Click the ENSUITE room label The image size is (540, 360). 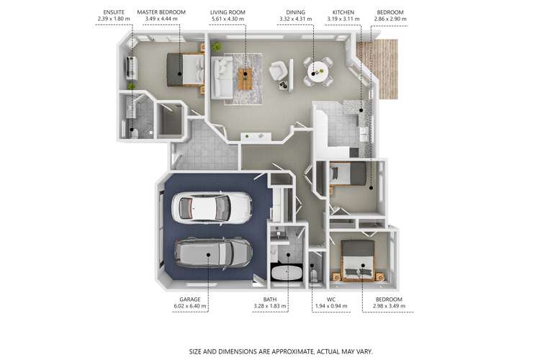[114, 12]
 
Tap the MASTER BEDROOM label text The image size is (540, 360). [161, 12]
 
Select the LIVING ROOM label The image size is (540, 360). [228, 12]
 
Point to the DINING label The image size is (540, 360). [295, 12]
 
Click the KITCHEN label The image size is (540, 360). [343, 12]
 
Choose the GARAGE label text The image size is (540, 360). [190, 300]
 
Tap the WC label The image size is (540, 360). [331, 300]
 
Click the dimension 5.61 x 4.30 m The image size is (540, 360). [228, 19]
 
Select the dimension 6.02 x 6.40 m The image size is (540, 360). [190, 306]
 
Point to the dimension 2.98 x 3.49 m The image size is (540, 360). [389, 306]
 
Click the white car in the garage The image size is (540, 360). [212, 207]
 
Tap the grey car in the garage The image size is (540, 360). [214, 253]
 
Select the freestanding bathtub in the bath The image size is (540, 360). [287, 274]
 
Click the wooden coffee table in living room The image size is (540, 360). [246, 79]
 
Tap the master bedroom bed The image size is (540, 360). [185, 70]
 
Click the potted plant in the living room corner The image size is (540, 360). [216, 46]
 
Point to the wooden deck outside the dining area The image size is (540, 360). [381, 69]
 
